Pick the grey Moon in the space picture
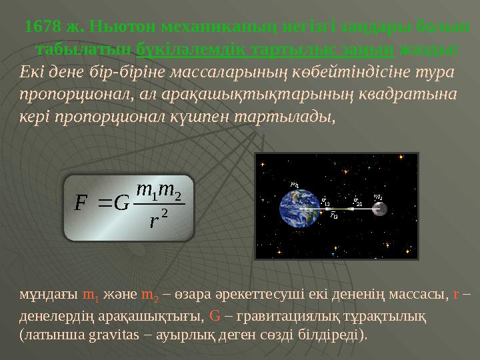(380, 209)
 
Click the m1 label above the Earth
(295, 185)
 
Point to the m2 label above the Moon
(377, 196)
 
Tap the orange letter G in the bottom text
(215, 315)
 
